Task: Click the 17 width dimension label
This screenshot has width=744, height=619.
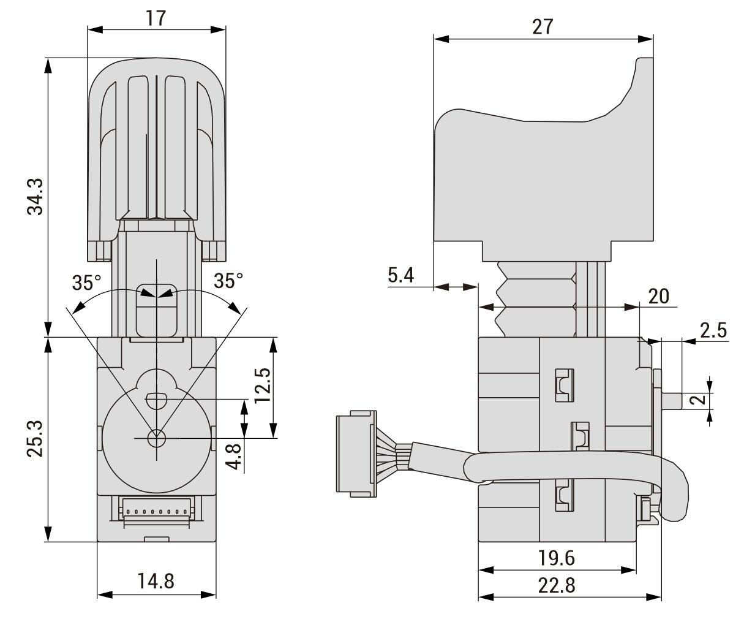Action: point(156,18)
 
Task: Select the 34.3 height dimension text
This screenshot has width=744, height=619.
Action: point(36,197)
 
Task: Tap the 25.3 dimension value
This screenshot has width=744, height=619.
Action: point(36,439)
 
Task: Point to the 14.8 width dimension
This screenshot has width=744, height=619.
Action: point(156,582)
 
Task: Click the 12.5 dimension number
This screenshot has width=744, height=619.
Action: point(263,385)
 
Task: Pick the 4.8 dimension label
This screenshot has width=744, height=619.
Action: point(234,457)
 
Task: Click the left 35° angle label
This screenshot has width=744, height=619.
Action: point(86,283)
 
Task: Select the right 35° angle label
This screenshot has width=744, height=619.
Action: point(228,281)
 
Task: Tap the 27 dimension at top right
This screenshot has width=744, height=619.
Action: point(543,27)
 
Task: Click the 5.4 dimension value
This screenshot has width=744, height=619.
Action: point(401,275)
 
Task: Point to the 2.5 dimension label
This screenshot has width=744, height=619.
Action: point(713,330)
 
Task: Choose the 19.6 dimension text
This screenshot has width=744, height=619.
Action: point(556,558)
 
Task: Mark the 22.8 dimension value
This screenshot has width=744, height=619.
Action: point(557,585)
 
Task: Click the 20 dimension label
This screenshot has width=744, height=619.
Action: point(658,296)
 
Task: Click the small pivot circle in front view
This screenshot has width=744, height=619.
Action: point(156,438)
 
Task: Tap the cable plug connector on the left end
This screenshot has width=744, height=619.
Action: point(356,454)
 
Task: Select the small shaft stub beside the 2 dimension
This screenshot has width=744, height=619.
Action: point(671,401)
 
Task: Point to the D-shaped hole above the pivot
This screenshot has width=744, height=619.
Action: point(156,401)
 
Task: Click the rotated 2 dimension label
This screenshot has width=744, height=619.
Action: point(700,399)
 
